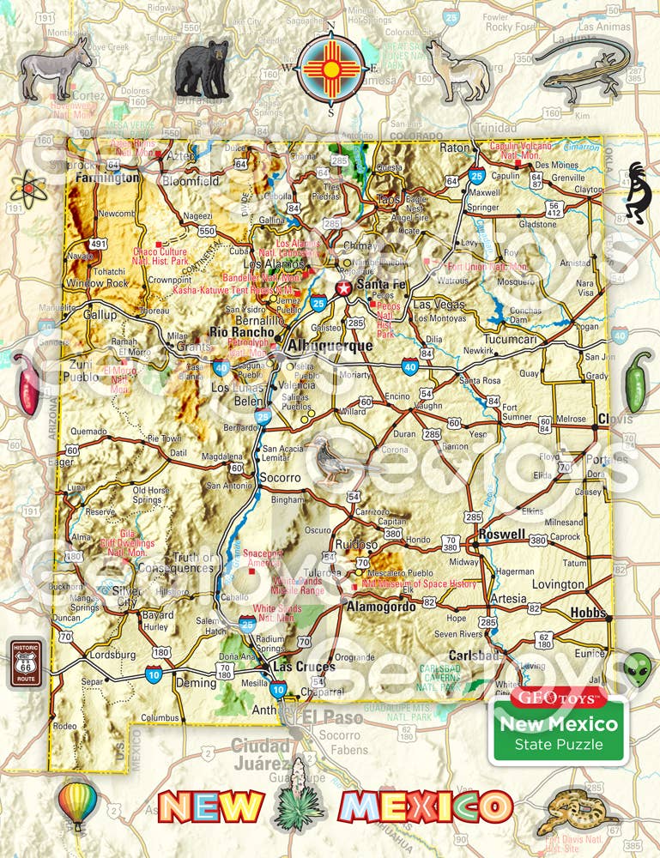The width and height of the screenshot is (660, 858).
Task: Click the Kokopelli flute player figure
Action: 639,193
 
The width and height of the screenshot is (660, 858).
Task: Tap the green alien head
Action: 637,667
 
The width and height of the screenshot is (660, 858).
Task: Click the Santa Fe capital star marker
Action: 344,287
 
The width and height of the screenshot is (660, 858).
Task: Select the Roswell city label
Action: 503,534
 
